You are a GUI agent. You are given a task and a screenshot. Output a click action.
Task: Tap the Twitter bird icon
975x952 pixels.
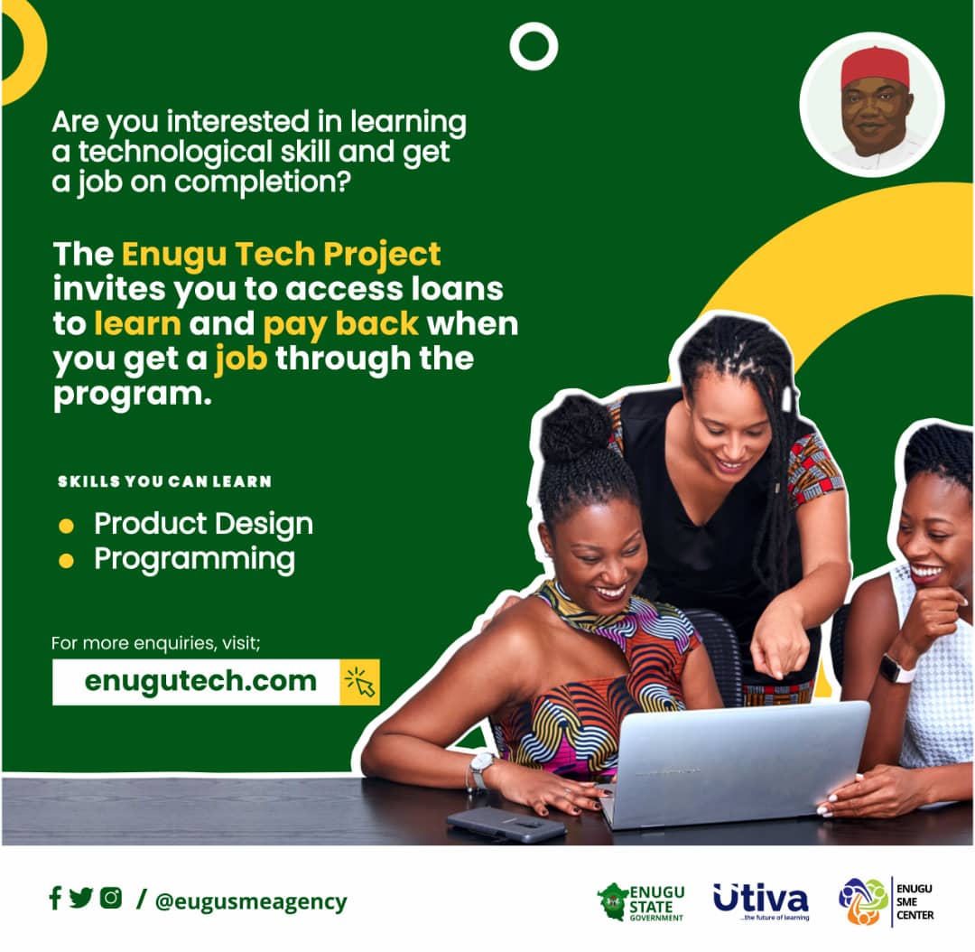81,898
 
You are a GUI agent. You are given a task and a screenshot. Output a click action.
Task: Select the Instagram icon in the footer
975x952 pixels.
111,898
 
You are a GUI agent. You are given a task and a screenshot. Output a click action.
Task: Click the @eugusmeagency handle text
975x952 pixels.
250,901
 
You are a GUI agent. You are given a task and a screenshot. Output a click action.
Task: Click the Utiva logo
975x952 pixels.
760,900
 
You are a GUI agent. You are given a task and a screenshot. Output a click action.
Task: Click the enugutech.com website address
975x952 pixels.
200,681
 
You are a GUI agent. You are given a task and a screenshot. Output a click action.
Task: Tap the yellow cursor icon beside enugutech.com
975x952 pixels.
360,682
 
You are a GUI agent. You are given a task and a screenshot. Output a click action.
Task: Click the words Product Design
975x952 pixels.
203,524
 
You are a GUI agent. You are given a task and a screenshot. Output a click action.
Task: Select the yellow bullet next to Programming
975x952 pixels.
66,561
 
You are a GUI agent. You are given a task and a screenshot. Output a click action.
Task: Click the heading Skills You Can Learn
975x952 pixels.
164,481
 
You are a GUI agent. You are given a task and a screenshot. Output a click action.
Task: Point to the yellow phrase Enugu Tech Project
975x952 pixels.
281,254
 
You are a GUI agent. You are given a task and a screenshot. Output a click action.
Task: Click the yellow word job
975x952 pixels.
241,359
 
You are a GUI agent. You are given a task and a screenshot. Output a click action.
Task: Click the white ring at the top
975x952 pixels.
533,46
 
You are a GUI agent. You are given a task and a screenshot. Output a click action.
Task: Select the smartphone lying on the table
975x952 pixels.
506,824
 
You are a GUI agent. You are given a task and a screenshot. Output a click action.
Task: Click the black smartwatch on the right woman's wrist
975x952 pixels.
896,668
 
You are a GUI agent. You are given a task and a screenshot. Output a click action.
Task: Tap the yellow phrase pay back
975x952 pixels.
341,324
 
